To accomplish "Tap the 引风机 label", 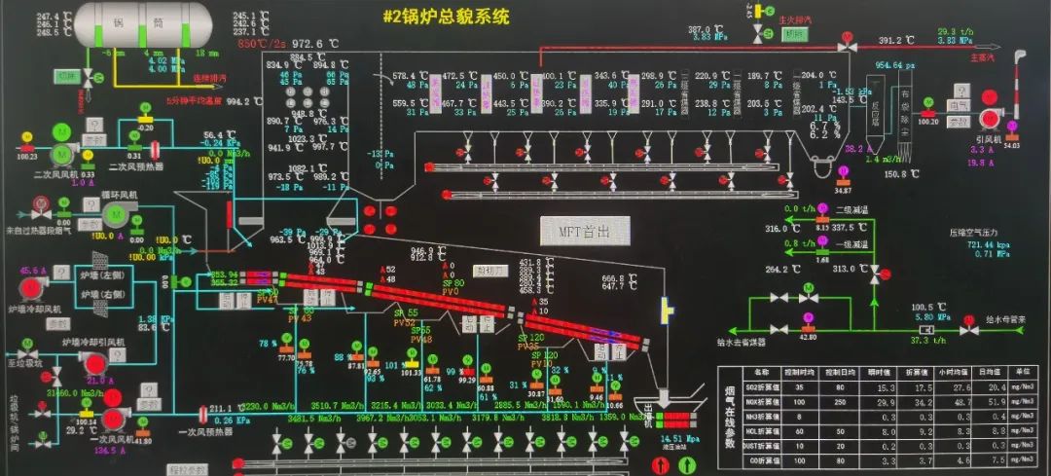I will [989, 138].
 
